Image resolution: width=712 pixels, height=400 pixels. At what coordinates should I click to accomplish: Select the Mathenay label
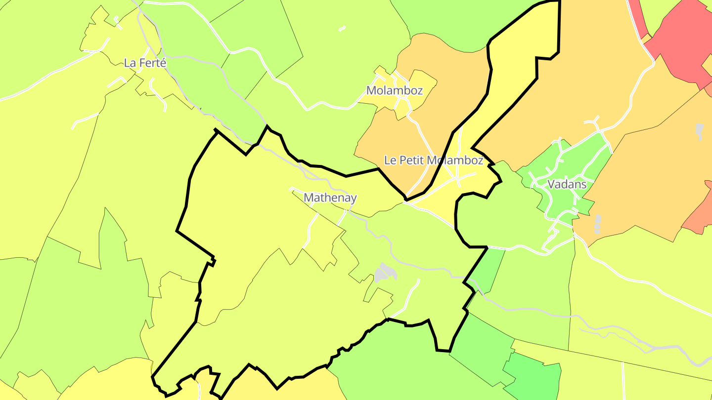click(330, 198)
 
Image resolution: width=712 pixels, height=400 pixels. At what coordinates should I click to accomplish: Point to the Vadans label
click(567, 185)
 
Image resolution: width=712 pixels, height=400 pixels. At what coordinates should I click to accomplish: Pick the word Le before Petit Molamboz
click(391, 160)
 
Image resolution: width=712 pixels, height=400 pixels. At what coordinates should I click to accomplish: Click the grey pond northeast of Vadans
click(699, 130)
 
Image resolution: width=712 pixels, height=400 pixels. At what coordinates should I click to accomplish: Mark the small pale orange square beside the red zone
click(646, 38)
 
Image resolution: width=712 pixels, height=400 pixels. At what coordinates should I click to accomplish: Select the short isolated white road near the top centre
click(342, 29)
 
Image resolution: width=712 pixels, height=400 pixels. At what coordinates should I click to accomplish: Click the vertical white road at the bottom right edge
click(623, 380)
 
